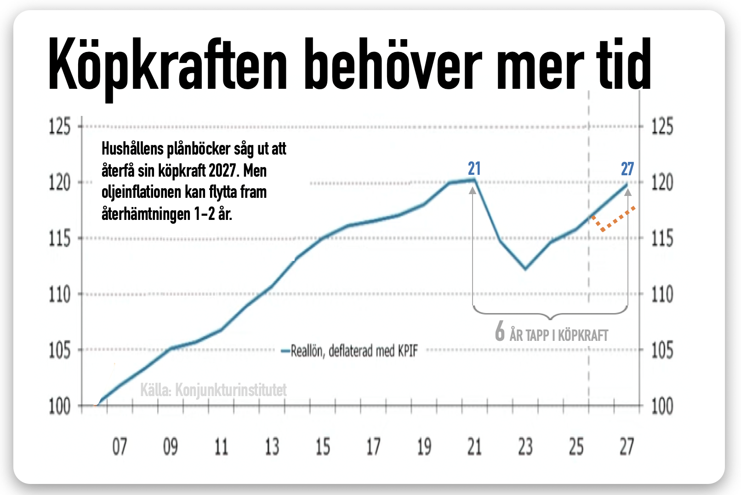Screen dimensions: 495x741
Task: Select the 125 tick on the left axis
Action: tap(60, 126)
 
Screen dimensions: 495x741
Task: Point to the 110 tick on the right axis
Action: tap(662, 294)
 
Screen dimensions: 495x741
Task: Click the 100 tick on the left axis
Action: tap(60, 406)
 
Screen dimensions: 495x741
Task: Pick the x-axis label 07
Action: tap(120, 446)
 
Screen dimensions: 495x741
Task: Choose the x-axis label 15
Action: tap(323, 446)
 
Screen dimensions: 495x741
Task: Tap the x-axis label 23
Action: tap(525, 446)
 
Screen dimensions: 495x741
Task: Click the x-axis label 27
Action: tap(627, 446)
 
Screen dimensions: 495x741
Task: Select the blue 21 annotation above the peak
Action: tap(474, 169)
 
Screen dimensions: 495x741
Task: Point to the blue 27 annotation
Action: tap(627, 169)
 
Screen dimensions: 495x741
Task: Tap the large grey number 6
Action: tap(500, 331)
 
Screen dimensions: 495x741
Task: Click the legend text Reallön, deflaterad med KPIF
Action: tap(354, 351)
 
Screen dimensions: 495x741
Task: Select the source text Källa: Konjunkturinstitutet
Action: tap(213, 390)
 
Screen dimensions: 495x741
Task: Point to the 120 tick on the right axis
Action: tap(662, 183)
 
